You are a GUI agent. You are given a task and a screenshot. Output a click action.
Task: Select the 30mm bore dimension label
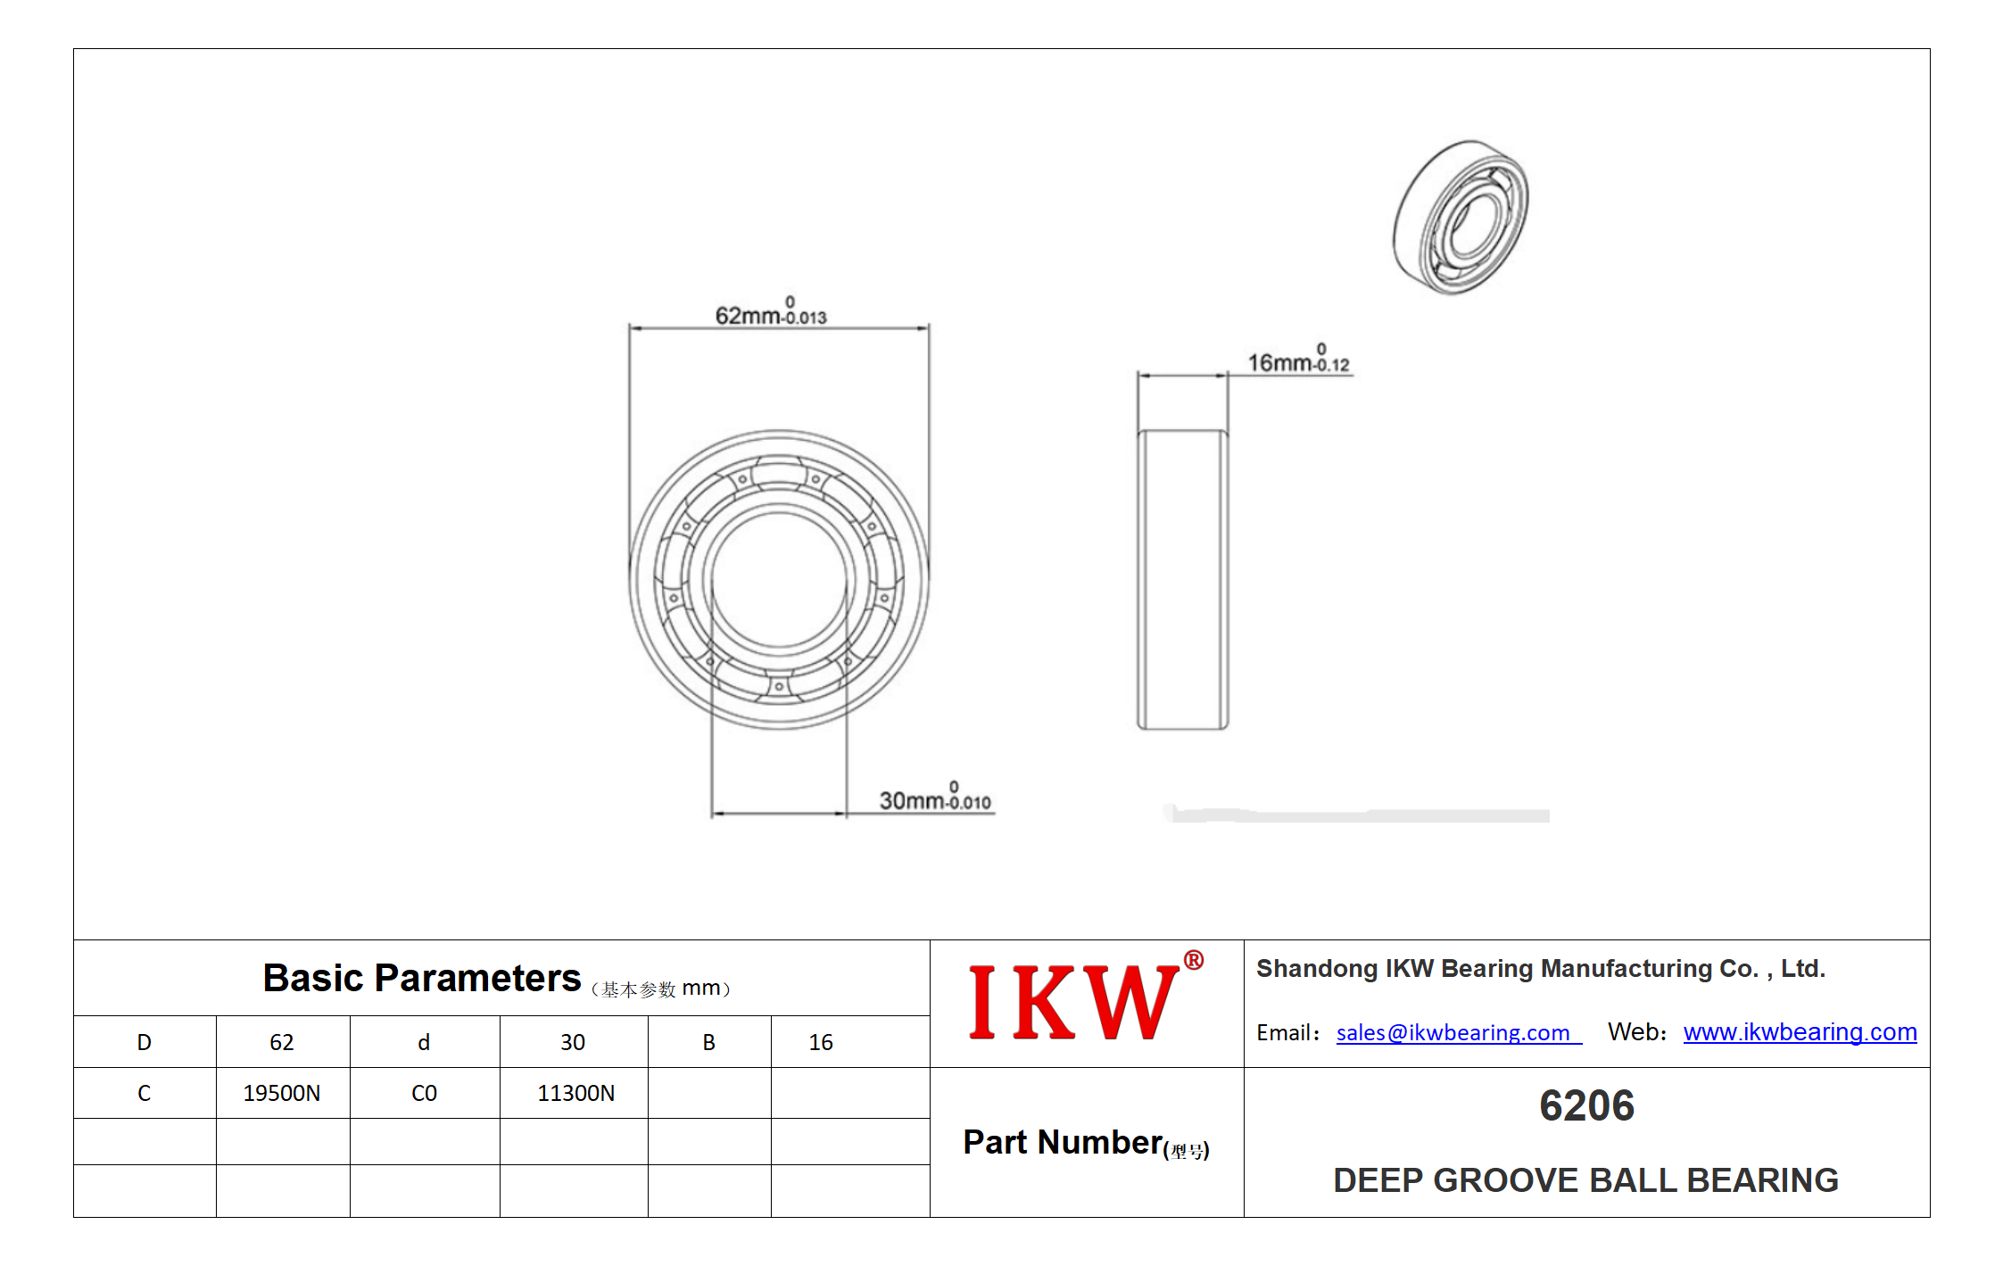click(x=935, y=797)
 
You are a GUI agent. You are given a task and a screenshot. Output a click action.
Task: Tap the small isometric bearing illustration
click(x=1461, y=217)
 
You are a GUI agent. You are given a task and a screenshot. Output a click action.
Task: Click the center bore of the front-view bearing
click(x=779, y=580)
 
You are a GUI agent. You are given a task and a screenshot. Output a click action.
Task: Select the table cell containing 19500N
click(x=282, y=1093)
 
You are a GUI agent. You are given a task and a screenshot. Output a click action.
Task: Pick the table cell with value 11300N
click(x=575, y=1093)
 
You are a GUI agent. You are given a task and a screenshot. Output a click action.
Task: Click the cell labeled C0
click(x=424, y=1093)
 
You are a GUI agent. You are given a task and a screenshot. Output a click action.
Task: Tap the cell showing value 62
click(x=282, y=1042)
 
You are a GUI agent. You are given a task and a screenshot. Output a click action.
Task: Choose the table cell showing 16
click(x=821, y=1042)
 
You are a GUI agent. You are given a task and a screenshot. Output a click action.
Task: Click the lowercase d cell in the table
click(x=424, y=1042)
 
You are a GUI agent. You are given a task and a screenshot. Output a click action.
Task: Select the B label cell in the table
click(x=708, y=1042)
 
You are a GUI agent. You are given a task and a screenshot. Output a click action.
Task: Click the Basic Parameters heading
click(x=422, y=978)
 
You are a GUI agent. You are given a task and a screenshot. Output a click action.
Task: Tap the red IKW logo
click(x=1073, y=1002)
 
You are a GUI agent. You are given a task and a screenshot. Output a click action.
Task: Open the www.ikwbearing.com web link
click(x=1800, y=1032)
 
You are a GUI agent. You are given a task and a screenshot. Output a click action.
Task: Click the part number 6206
click(x=1586, y=1105)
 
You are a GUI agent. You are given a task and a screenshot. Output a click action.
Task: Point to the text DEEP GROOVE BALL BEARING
click(x=1585, y=1180)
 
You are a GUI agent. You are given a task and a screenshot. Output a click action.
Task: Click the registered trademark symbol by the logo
click(x=1193, y=960)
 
